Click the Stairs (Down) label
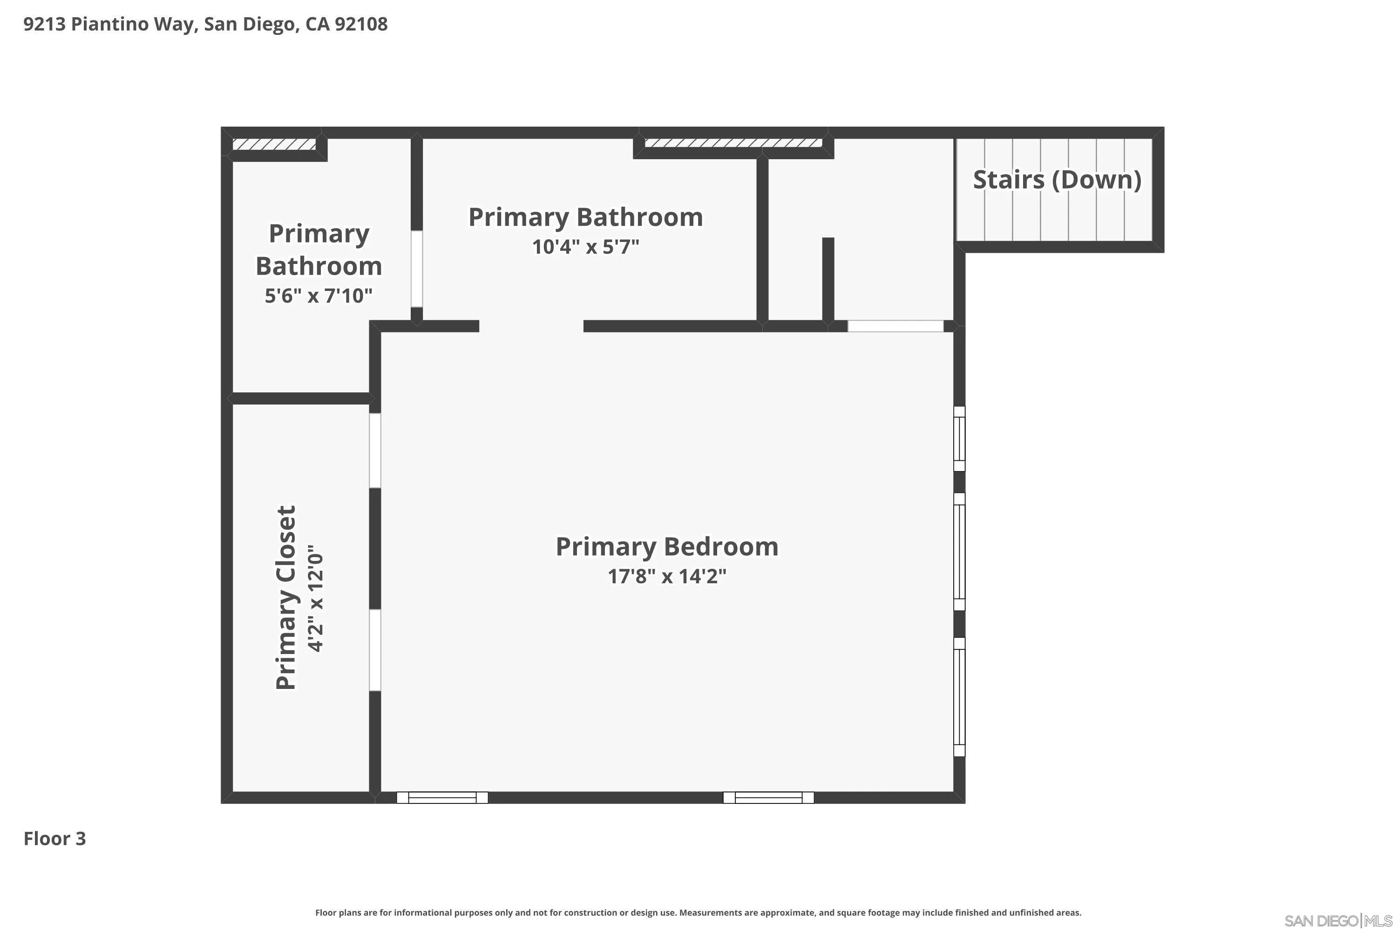(x=1057, y=180)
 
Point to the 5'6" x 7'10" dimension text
(x=319, y=296)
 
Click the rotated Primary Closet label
(x=286, y=597)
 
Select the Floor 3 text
(x=54, y=838)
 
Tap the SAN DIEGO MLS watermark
(x=1339, y=921)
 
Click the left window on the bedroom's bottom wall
(x=442, y=797)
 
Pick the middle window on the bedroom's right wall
(x=959, y=552)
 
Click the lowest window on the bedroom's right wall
(x=959, y=696)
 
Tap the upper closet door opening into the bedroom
(x=375, y=451)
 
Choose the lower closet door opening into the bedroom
(x=375, y=650)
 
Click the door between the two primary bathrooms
(x=417, y=269)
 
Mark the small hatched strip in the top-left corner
(x=274, y=144)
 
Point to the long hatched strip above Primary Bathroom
(x=733, y=143)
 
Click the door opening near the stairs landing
(x=895, y=326)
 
